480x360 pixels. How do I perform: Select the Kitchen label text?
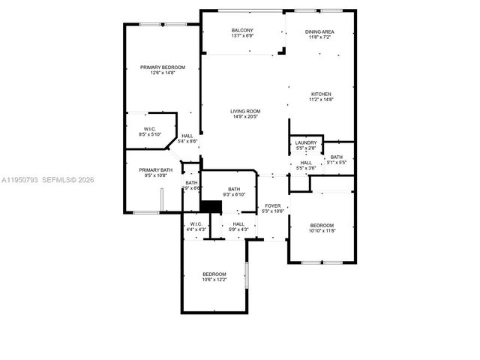pos(320,94)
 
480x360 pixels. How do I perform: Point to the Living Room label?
pos(245,112)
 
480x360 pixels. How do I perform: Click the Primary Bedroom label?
pos(162,67)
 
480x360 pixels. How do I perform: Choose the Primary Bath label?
pos(155,170)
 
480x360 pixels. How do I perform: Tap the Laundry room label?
pos(306,142)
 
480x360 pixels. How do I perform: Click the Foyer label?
pos(271,205)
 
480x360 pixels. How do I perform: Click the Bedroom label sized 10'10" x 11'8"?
pos(322,225)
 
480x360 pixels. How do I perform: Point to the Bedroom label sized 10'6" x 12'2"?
pos(214,274)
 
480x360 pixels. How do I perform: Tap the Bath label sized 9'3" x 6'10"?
pos(234,189)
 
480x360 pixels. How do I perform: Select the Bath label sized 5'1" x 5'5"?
pos(335,157)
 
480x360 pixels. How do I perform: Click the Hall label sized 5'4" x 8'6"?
pos(187,136)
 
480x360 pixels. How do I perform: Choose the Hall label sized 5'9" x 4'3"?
pos(238,223)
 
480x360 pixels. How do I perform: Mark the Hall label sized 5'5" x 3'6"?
pos(306,163)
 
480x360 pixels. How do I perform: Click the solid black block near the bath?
pos(212,206)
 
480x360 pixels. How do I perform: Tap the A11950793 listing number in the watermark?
pos(18,180)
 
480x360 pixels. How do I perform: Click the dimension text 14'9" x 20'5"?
pos(245,117)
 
